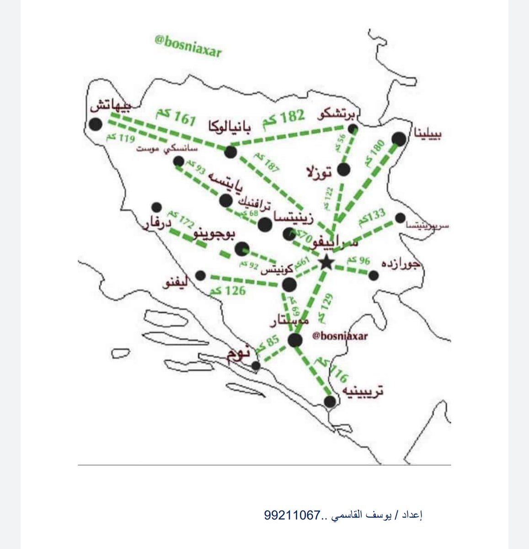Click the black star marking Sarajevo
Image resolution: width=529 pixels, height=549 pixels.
point(326,263)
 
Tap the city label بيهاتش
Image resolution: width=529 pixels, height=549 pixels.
point(111,106)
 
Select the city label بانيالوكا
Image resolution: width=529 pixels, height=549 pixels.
point(230,126)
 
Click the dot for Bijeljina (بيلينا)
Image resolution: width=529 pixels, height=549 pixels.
point(399,139)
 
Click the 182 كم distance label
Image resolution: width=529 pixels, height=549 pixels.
point(283,120)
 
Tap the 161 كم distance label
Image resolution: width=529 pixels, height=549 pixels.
point(176,117)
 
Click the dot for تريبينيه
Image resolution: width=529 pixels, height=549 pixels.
point(330,401)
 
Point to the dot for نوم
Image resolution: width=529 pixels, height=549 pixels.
point(256,366)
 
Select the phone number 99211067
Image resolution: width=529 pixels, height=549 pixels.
point(291,515)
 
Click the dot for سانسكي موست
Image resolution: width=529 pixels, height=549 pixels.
point(179,161)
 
